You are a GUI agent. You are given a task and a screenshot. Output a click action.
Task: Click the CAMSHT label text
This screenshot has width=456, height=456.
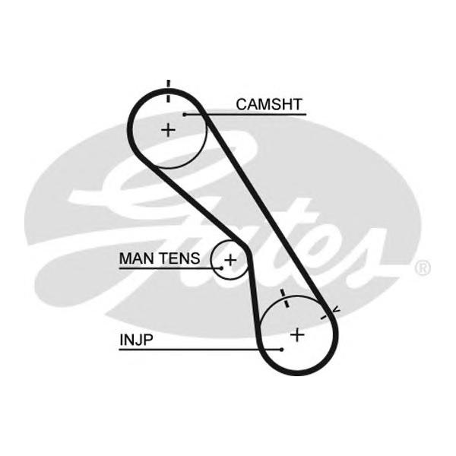click(269, 104)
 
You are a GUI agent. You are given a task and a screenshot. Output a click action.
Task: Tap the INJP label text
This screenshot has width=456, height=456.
click(136, 340)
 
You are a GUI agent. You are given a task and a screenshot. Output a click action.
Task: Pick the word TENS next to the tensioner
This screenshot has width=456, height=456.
click(180, 258)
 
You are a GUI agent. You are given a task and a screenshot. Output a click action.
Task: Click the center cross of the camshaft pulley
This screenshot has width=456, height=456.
click(168, 130)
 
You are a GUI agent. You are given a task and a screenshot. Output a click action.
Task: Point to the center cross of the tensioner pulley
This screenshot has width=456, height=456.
click(230, 260)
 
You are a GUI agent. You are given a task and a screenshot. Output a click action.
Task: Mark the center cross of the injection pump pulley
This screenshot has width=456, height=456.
click(297, 335)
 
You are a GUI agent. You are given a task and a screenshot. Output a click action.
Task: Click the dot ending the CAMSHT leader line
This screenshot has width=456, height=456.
click(185, 115)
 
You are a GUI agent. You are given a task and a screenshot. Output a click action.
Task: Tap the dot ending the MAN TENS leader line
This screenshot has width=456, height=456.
click(222, 268)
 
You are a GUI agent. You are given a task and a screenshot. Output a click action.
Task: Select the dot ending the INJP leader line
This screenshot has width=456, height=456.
click(281, 350)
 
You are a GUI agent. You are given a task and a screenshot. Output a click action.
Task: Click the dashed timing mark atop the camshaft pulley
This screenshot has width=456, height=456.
click(168, 91)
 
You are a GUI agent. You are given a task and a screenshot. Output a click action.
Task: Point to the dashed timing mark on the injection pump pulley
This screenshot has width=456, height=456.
click(284, 299)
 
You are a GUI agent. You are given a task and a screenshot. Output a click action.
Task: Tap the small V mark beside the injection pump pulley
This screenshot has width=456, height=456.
click(336, 310)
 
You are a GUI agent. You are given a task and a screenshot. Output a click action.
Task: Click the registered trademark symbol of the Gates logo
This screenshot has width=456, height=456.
click(422, 268)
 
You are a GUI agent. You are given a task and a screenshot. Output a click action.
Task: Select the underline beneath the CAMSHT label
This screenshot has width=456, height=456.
click(245, 115)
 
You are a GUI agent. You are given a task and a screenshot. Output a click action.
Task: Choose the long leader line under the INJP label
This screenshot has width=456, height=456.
click(200, 350)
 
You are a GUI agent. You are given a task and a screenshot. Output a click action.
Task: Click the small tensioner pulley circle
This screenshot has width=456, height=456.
click(211, 260)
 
